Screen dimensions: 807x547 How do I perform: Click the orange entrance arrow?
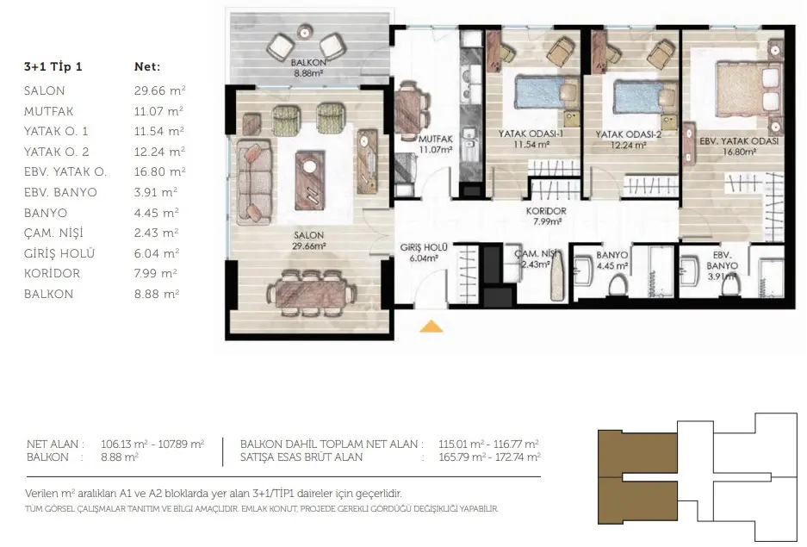point(431,326)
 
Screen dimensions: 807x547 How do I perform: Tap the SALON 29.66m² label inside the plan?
point(309,240)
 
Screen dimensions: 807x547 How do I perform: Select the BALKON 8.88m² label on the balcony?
point(308,67)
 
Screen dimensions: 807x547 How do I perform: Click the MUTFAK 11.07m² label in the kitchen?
point(435,144)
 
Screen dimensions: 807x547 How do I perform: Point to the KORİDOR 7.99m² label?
point(546,216)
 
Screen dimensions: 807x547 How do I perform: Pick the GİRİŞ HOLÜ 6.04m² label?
point(424,252)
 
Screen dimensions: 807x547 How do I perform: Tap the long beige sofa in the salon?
point(253,182)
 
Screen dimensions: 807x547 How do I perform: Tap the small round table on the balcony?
point(305,32)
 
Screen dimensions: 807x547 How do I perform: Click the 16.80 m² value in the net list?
point(159,171)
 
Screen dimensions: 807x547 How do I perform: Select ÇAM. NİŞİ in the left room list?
point(53,233)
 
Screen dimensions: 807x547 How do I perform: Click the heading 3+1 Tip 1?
point(53,66)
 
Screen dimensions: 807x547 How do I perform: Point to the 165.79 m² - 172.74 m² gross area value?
point(489,457)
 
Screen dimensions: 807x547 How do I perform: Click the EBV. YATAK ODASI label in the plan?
point(739,141)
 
